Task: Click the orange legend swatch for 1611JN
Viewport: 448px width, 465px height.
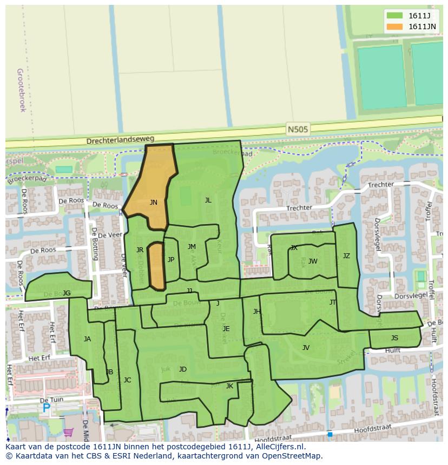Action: (394, 26)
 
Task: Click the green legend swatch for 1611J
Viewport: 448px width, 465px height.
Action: (394, 15)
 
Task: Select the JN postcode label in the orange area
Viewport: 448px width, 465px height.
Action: (154, 203)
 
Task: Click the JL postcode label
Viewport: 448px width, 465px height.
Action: (208, 200)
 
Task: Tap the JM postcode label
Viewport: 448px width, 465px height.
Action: (192, 247)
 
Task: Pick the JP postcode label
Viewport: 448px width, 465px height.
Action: (171, 260)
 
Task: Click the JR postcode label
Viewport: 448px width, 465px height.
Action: (140, 250)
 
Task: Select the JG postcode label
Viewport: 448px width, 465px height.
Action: (67, 293)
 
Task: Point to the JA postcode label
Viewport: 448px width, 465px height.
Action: (87, 339)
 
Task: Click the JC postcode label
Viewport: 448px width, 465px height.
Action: (127, 380)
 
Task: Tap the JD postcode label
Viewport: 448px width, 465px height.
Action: (183, 369)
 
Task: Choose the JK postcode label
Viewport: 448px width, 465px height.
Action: (229, 386)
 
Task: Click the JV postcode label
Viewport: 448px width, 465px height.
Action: (306, 348)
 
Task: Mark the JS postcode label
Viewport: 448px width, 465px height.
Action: (394, 338)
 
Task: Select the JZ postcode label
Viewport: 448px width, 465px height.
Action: (346, 256)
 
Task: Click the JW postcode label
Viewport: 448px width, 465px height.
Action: (313, 261)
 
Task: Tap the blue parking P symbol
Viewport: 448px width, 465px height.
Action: (47, 409)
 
